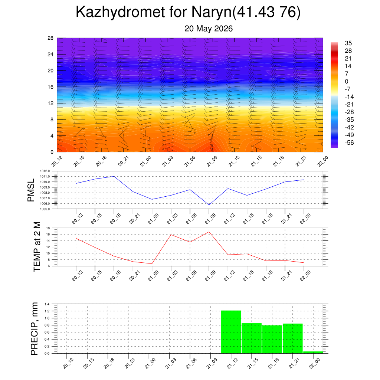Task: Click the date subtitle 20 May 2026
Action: [x=209, y=29]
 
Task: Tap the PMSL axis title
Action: [x=31, y=190]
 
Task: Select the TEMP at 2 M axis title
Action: [x=37, y=247]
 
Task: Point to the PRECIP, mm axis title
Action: [x=35, y=329]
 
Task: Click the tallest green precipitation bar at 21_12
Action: [x=231, y=332]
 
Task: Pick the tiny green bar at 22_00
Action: [x=313, y=353]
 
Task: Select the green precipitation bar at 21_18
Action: [x=272, y=339]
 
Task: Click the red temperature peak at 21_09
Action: [x=209, y=232]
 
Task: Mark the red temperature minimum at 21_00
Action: [x=152, y=264]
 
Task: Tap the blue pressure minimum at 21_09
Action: [x=209, y=205]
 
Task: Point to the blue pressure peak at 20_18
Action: [x=114, y=176]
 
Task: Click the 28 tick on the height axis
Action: [x=50, y=38]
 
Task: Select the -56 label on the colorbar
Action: [x=349, y=143]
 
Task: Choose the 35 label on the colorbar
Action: [x=348, y=43]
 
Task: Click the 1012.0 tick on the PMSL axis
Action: [x=45, y=171]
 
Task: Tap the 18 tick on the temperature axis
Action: [x=48, y=228]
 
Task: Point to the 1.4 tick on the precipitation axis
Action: [x=47, y=304]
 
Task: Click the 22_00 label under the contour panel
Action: [x=323, y=161]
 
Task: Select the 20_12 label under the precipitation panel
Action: [x=68, y=364]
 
